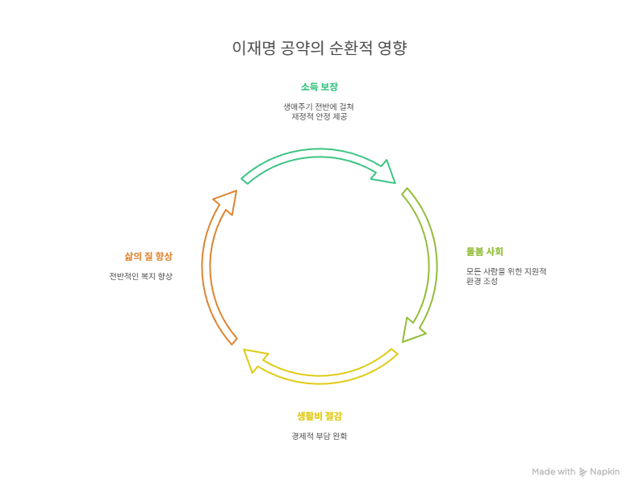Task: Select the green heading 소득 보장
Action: click(x=319, y=87)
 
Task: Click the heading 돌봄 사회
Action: click(x=484, y=251)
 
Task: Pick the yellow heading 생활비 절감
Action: click(x=319, y=417)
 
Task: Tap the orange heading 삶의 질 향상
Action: click(x=148, y=256)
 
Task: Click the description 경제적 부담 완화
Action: click(x=319, y=437)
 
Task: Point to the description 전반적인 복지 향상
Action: click(x=141, y=276)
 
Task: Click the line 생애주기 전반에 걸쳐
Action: click(x=319, y=107)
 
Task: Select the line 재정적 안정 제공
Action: click(x=319, y=116)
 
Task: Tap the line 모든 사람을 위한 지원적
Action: click(x=507, y=271)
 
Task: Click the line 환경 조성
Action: click(x=482, y=281)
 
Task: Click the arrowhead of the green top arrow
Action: click(x=385, y=172)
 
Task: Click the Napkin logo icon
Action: click(x=583, y=472)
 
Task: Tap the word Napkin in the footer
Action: click(x=604, y=472)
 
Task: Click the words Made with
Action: click(x=553, y=472)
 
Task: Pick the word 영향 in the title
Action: click(x=393, y=49)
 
